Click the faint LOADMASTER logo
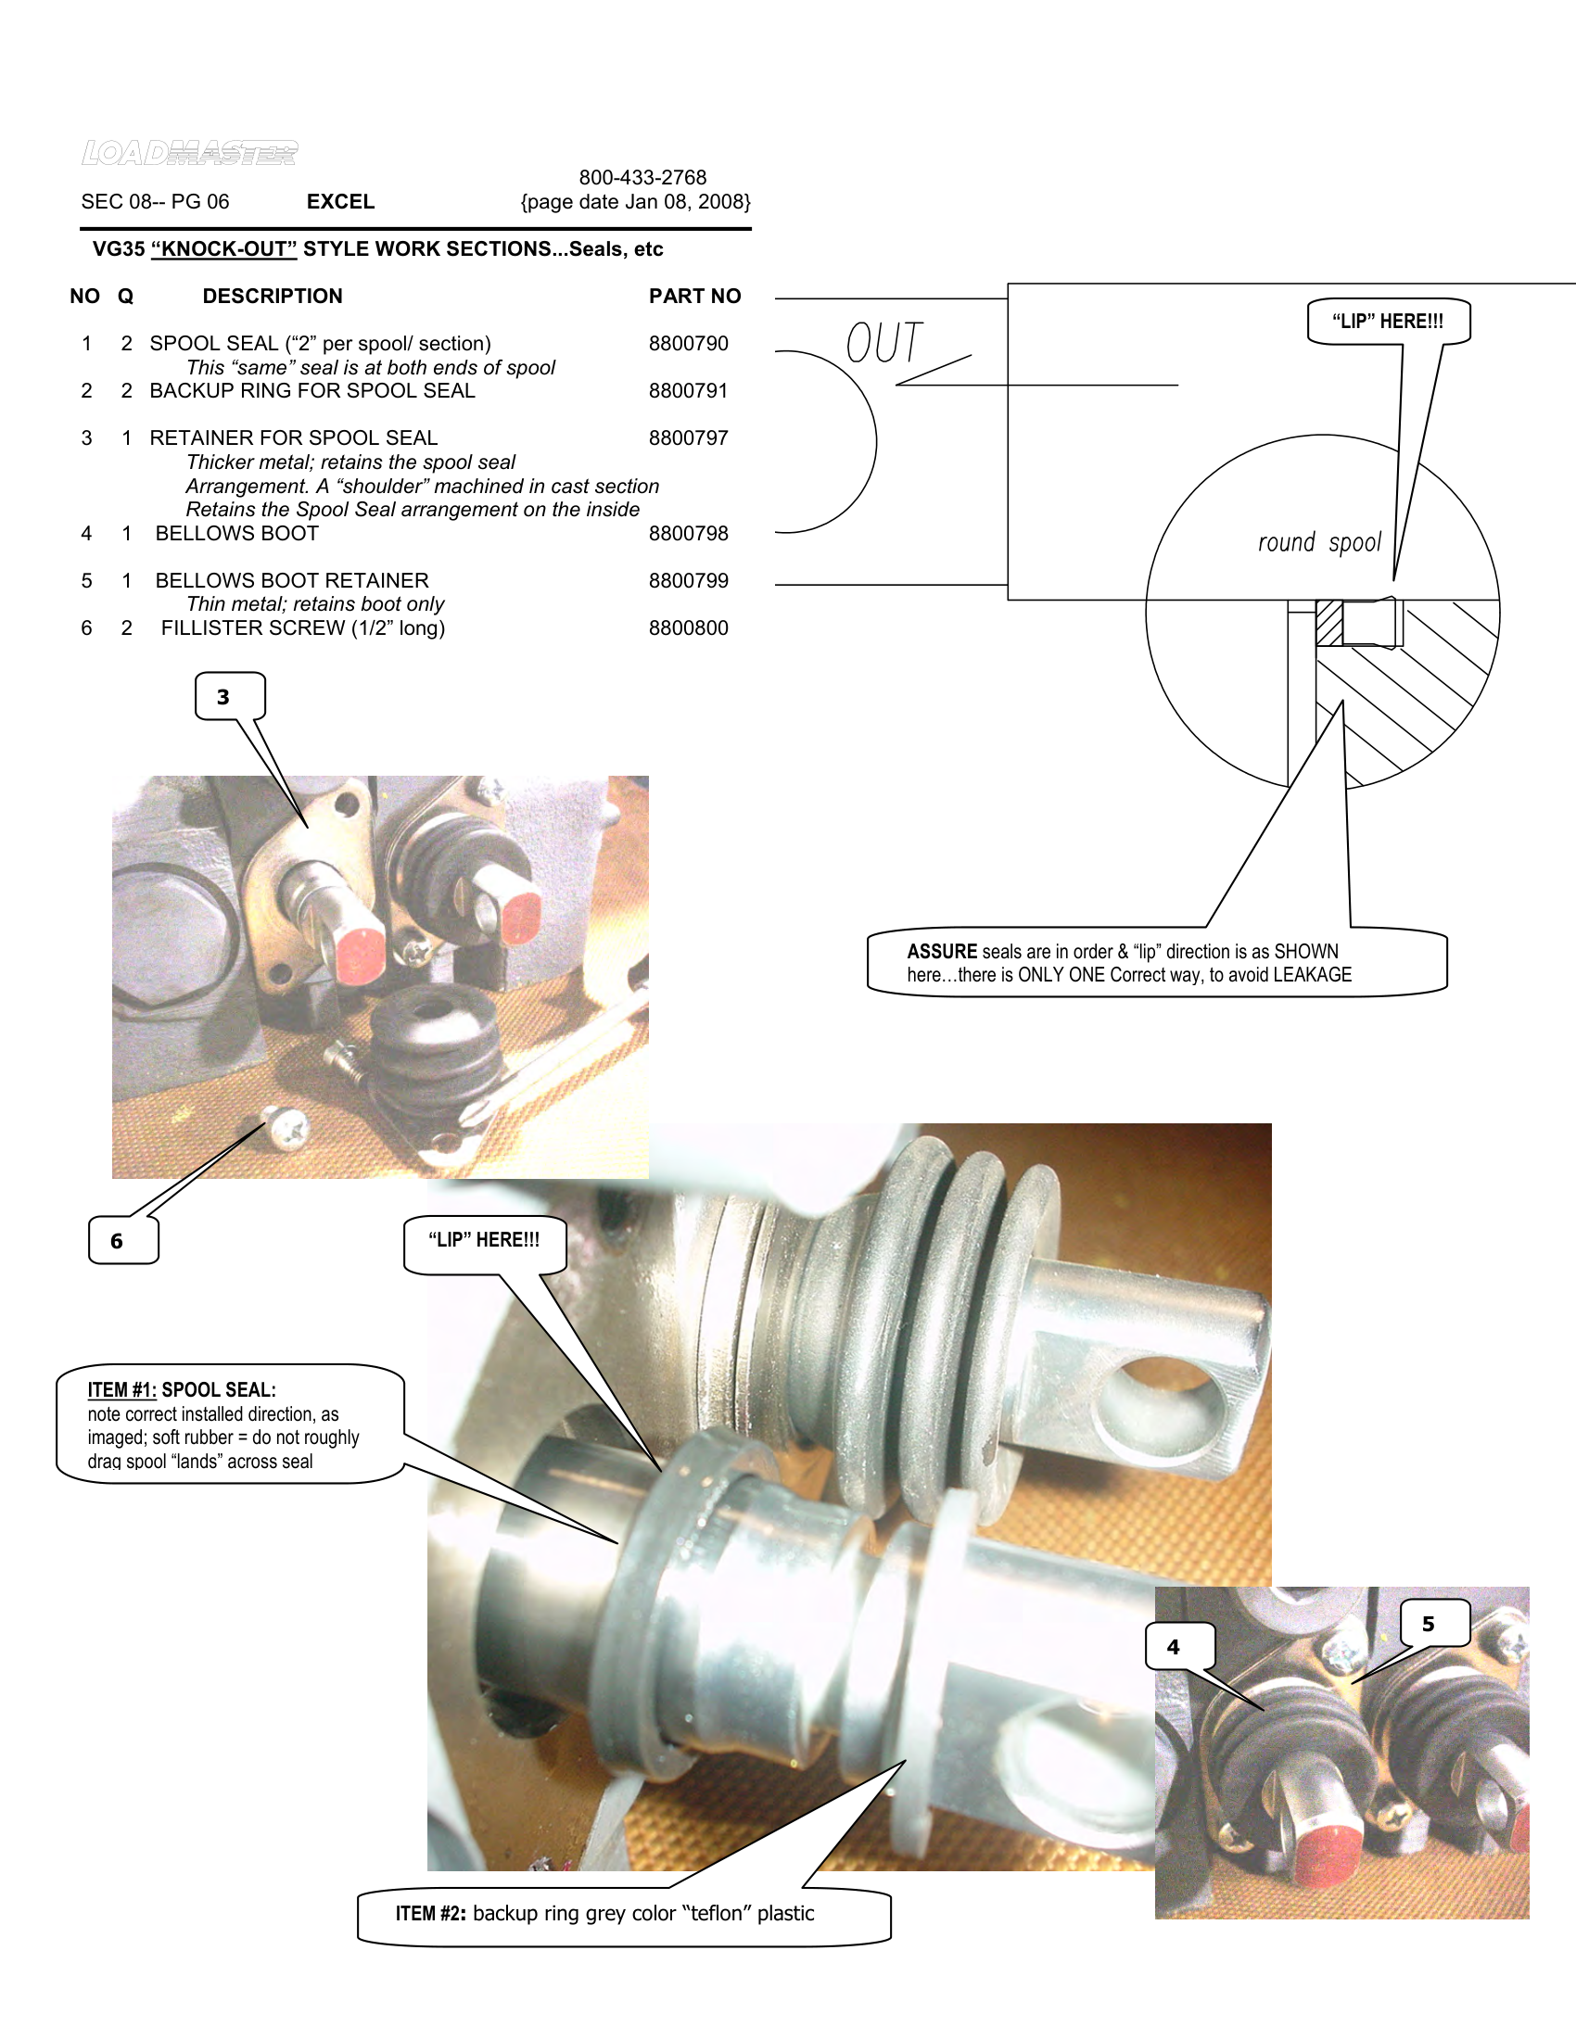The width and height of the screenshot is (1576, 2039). (189, 153)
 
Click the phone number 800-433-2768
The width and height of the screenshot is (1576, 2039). (642, 177)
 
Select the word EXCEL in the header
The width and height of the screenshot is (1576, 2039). (340, 202)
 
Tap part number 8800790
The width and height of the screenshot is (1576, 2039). (688, 344)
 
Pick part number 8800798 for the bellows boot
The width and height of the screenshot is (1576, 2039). (688, 534)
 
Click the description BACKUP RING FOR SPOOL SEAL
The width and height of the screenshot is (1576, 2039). (311, 391)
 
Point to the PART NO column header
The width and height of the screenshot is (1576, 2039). (694, 296)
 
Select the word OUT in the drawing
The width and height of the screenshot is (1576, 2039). (883, 343)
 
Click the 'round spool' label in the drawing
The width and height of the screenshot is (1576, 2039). (1318, 543)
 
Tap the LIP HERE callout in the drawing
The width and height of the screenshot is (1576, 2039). (1388, 323)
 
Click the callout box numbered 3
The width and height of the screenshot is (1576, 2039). (224, 697)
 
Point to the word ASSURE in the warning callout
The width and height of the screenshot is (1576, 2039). (941, 951)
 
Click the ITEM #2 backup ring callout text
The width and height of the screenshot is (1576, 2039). (604, 1914)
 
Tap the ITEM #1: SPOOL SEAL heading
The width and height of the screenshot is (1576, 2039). (182, 1390)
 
